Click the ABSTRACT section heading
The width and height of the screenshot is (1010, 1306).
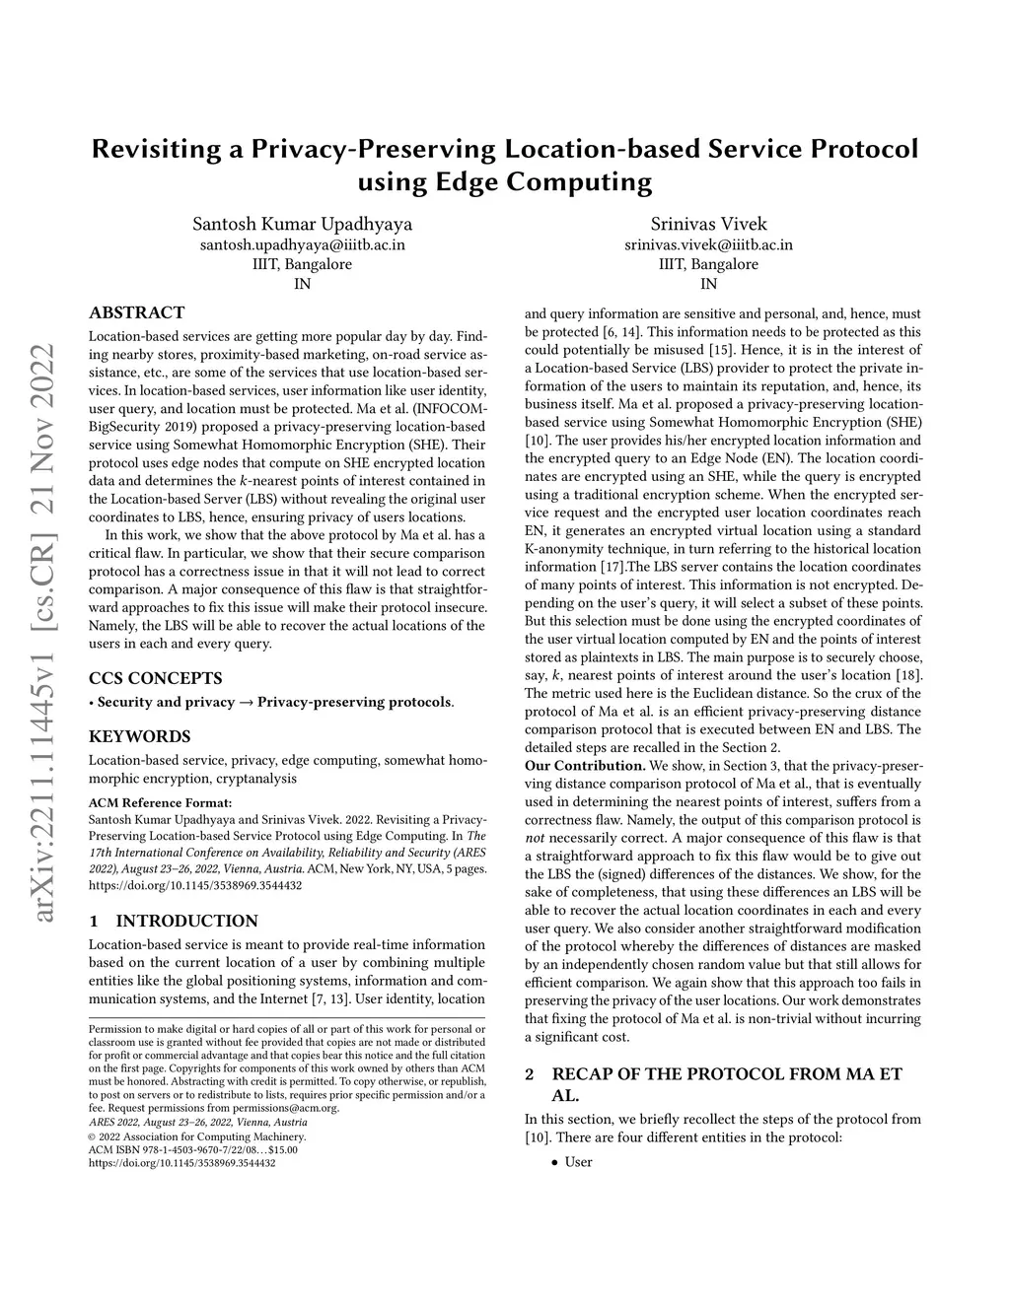(x=136, y=312)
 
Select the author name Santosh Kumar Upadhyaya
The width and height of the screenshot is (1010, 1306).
(x=302, y=223)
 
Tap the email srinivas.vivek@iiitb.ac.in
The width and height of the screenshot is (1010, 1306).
(x=708, y=244)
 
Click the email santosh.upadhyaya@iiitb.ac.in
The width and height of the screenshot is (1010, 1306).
(x=302, y=244)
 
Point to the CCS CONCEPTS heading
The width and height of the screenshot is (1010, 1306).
(x=155, y=678)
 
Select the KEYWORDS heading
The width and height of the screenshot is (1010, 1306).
(x=139, y=736)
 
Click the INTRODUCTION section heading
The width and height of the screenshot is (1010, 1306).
(x=186, y=921)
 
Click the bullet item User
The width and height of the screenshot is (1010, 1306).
(x=578, y=1162)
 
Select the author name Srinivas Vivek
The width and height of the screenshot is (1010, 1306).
(x=708, y=223)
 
